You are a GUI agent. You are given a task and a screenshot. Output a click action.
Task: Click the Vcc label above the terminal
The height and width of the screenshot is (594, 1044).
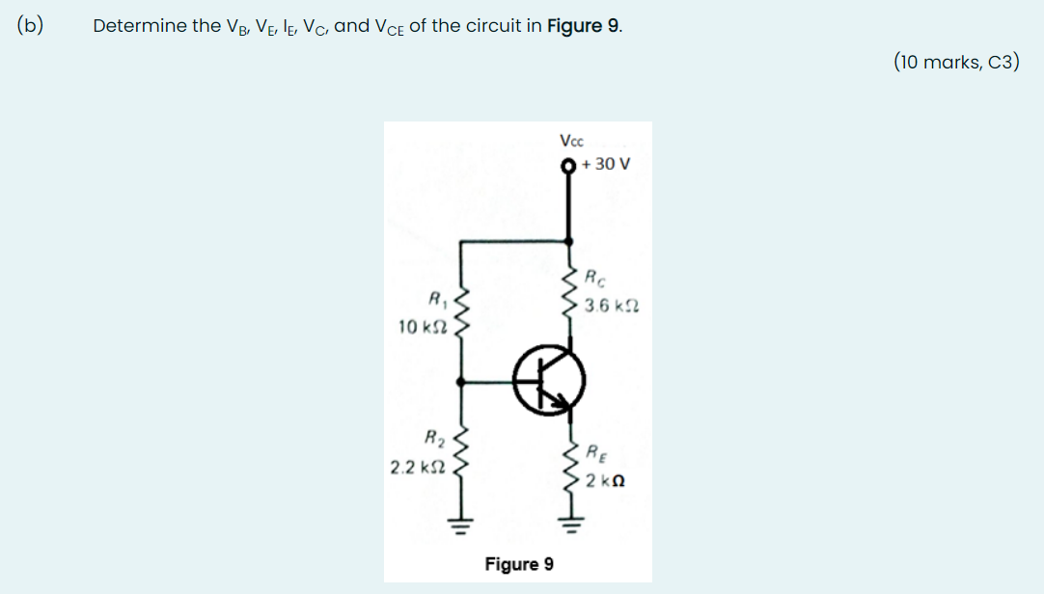pos(571,142)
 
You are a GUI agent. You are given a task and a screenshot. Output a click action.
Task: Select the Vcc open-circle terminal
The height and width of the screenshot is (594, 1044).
pos(569,165)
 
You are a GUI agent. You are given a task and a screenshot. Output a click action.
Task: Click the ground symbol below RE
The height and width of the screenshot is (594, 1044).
pos(569,526)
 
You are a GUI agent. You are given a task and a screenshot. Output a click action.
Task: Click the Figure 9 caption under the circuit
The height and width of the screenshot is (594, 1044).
pos(519,563)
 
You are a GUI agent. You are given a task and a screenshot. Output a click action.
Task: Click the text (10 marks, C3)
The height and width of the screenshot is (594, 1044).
pos(955,63)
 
